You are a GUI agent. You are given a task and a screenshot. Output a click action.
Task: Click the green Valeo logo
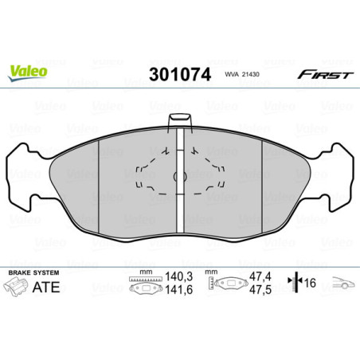pyautogui.click(x=28, y=70)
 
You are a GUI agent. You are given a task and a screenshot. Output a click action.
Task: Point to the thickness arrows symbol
pyautogui.click(x=298, y=284)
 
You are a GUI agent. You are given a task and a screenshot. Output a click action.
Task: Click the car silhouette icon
pyautogui.click(x=343, y=282)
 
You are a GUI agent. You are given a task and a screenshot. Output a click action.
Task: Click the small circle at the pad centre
pyautogui.click(x=180, y=177)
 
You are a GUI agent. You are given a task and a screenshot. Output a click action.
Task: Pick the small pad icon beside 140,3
pyautogui.click(x=145, y=285)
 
